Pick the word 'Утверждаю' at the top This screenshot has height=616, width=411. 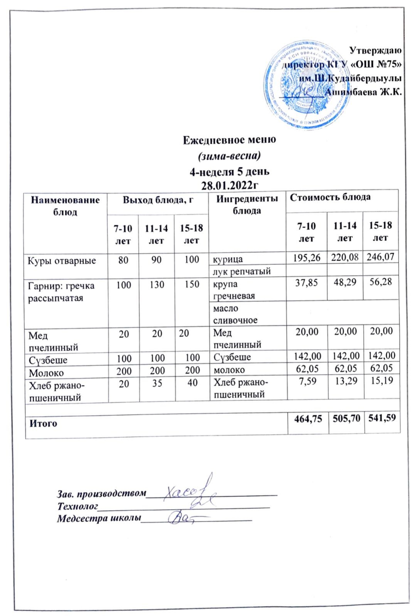379,50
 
